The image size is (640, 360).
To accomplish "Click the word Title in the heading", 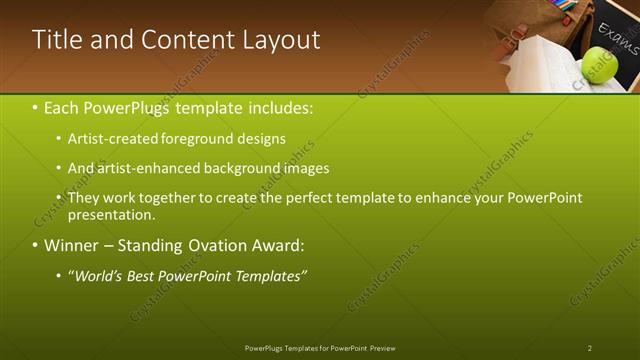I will coord(55,40).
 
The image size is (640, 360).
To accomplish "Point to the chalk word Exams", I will coord(618,44).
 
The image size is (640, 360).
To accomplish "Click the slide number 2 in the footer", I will coord(590,348).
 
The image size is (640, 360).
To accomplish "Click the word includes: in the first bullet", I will coord(283,107).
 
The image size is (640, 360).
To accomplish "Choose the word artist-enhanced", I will coord(148,168).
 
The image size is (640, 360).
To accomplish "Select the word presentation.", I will coord(111,214).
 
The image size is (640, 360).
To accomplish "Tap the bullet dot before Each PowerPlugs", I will coord(35,107).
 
